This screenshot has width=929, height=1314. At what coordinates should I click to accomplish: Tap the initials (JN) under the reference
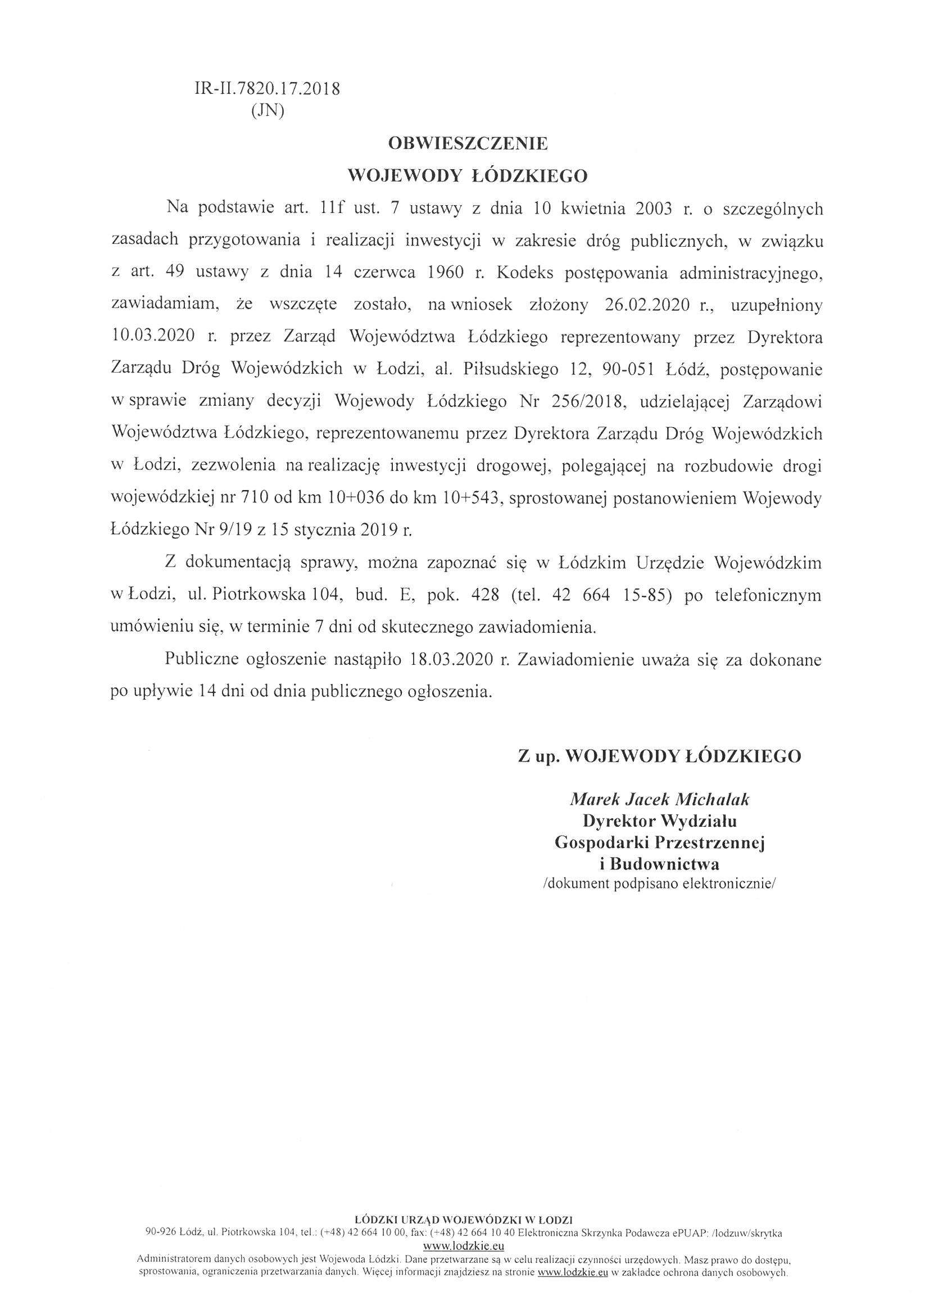click(x=268, y=111)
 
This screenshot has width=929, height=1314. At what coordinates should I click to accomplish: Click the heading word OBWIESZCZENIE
click(x=468, y=144)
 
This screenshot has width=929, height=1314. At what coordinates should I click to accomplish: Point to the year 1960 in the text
click(x=445, y=273)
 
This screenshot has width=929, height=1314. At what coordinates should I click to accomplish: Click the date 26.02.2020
click(x=646, y=305)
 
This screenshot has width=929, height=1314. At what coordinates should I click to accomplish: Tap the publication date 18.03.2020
click(x=451, y=660)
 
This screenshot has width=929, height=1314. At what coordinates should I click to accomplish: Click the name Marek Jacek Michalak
click(x=659, y=799)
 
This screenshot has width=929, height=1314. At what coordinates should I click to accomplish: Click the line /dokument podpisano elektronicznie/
click(x=659, y=883)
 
